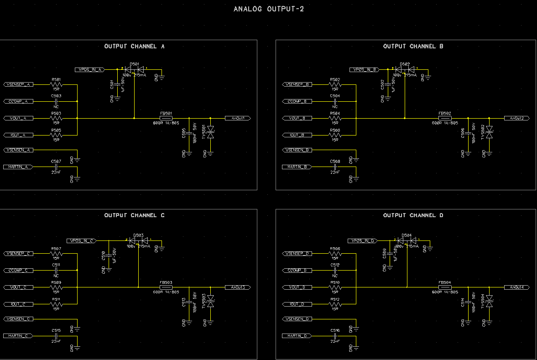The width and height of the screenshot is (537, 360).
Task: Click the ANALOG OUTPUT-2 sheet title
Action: tap(269, 9)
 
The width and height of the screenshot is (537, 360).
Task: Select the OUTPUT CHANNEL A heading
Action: tap(134, 47)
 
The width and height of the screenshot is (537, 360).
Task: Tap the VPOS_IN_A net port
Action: tap(90, 69)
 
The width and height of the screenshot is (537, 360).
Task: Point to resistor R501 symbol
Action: tap(56, 84)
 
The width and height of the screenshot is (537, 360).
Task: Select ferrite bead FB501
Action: tap(166, 118)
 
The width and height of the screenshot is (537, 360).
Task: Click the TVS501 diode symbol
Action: tap(210, 134)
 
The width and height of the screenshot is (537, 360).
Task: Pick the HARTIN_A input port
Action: tap(18, 167)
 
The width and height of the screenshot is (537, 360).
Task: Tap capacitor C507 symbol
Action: tap(56, 167)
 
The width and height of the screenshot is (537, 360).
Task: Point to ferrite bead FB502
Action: tap(444, 118)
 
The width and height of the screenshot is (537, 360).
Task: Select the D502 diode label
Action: tap(404, 64)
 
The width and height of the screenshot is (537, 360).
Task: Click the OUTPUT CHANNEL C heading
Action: tap(134, 215)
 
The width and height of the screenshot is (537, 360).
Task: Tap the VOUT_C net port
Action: tap(18, 287)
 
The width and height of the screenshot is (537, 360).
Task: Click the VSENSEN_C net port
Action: tap(18, 318)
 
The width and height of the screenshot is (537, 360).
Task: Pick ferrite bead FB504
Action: tap(444, 287)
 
